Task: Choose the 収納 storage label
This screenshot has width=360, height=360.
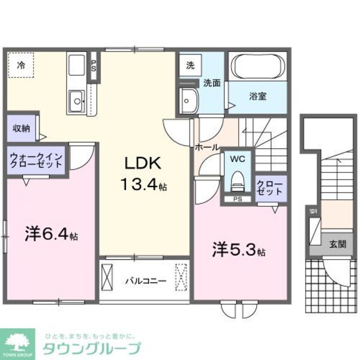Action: tap(22, 128)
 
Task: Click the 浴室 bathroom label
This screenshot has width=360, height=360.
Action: tap(259, 96)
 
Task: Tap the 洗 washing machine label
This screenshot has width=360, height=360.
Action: tap(190, 64)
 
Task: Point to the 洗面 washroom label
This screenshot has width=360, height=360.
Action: tap(211, 83)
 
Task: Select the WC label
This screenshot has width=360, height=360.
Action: tap(238, 160)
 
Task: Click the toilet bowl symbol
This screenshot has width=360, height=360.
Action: tap(238, 179)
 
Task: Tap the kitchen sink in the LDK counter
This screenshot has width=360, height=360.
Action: tap(76, 99)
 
